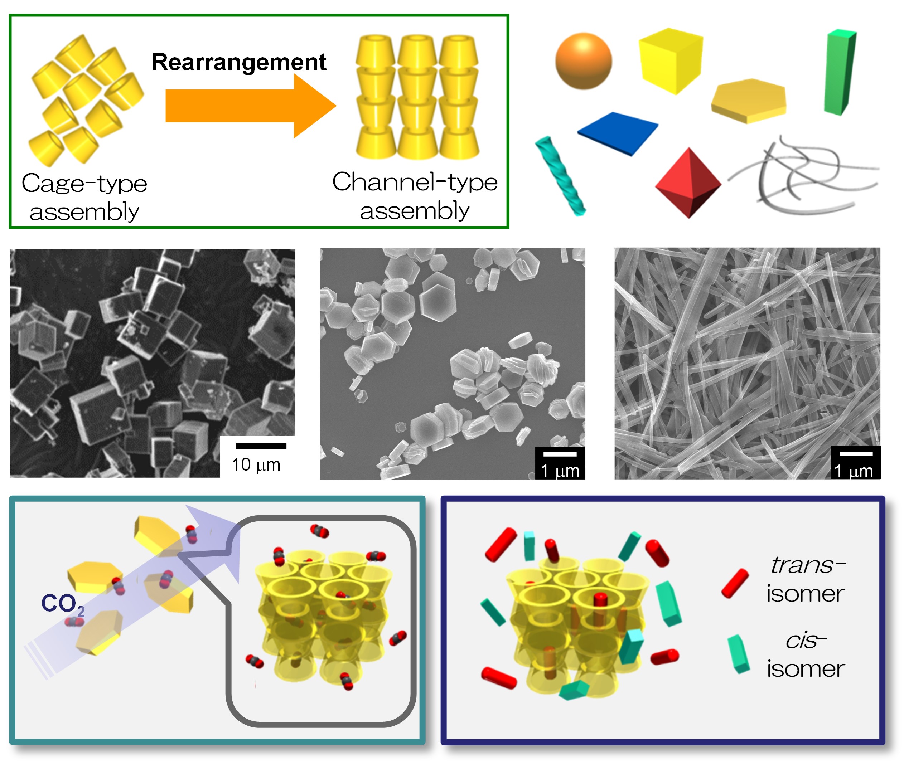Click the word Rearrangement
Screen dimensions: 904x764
[238, 62]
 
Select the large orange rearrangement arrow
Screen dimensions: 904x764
[251, 106]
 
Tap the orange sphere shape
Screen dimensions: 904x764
[583, 61]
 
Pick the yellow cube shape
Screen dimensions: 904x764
[671, 60]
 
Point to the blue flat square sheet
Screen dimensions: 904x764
[617, 133]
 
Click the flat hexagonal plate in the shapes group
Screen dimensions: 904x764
[748, 101]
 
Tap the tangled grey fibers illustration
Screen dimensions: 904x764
[803, 175]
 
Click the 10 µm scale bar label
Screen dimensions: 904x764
[256, 465]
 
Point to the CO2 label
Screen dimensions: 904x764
[63, 604]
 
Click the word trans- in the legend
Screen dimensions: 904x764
[808, 565]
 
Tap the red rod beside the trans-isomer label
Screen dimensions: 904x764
[735, 583]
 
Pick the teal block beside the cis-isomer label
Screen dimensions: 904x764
[739, 654]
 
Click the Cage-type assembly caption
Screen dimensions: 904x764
[84, 198]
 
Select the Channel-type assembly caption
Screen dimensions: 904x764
[415, 196]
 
